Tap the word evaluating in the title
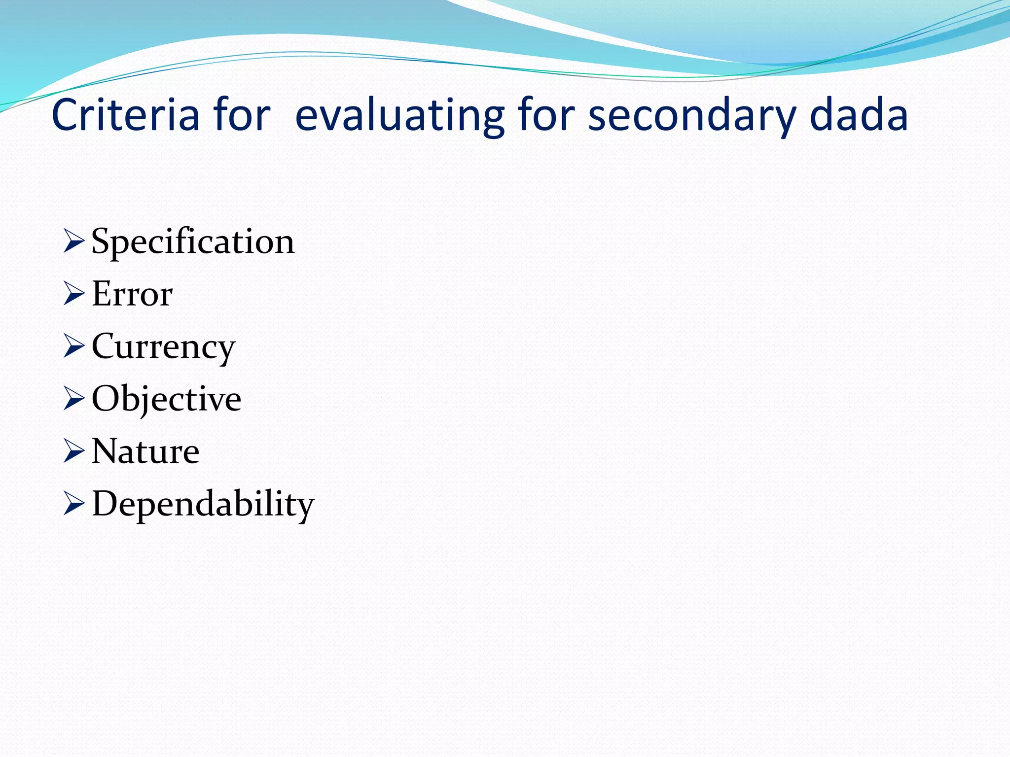tap(399, 116)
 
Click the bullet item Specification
tap(193, 241)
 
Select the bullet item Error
tap(132, 294)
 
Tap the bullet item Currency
tap(163, 347)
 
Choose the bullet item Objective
tap(166, 399)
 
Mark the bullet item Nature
tap(145, 451)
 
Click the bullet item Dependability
tap(203, 504)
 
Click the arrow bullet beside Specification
tap(74, 242)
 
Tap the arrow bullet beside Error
tap(74, 294)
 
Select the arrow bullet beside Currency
tap(74, 347)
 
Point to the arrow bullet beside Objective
tap(74, 399)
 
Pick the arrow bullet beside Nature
tap(74, 452)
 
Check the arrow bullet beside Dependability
tap(74, 505)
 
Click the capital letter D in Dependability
tap(105, 503)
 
